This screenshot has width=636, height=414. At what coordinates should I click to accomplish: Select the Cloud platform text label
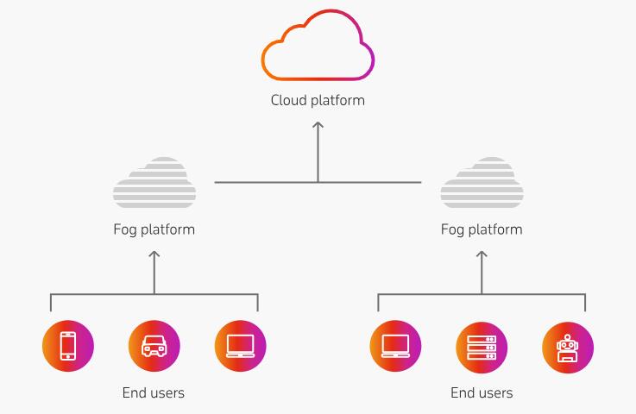pos(318,100)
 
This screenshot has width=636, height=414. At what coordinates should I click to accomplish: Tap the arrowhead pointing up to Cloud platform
pos(318,127)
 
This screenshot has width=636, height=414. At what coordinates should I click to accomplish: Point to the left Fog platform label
pos(154,229)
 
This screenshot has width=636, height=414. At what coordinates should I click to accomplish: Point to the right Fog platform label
pos(482,229)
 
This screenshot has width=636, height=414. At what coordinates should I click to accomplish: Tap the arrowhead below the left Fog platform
pos(154,255)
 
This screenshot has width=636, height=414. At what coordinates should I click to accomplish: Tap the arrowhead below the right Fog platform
pos(482,255)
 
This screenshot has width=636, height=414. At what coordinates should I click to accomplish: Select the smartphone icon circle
pos(68,347)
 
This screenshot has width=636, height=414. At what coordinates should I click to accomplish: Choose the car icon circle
pos(154,347)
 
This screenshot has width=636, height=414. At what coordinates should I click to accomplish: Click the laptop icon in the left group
pos(240,347)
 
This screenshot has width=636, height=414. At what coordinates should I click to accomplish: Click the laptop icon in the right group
pos(395,347)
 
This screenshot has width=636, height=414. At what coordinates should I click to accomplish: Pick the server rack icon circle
pos(482,347)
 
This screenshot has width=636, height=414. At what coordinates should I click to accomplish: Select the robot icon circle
pos(568,347)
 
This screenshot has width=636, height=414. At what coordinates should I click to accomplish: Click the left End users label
pos(154,393)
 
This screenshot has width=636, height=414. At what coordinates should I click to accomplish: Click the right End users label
pos(482,393)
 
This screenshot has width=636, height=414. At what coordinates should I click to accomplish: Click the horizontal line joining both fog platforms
pos(259,182)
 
